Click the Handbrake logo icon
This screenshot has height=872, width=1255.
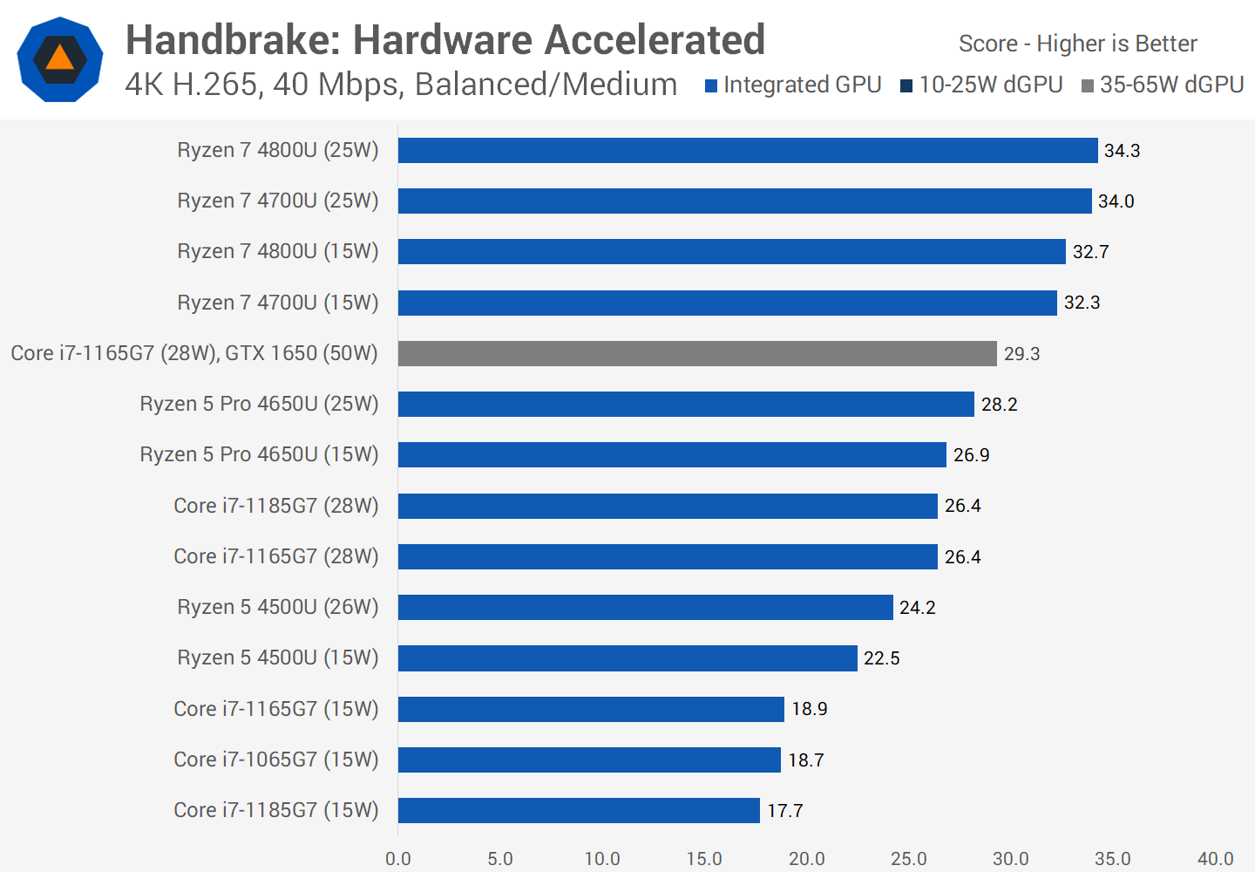(60, 59)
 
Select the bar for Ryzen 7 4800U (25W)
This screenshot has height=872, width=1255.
(747, 150)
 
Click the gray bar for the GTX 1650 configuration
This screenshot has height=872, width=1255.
(697, 353)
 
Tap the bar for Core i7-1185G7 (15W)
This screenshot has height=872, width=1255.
(579, 810)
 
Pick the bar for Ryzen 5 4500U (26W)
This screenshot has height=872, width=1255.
(645, 607)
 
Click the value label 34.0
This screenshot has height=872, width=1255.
(1116, 201)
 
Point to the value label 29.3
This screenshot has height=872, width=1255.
(1021, 354)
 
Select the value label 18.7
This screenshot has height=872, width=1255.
(805, 760)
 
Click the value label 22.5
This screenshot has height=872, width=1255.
(881, 658)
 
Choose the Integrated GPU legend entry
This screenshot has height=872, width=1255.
(793, 85)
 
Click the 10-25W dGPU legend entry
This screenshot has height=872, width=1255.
(981, 85)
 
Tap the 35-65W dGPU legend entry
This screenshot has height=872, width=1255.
(1163, 85)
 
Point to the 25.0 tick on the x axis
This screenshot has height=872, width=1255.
(908, 859)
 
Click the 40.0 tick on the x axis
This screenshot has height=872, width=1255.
(1215, 859)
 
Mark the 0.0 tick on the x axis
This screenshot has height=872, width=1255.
(398, 859)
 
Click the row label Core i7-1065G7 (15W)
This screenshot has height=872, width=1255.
(275, 760)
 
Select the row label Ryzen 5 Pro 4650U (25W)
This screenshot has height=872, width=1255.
(259, 404)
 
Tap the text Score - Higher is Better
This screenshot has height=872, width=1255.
(1077, 44)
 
